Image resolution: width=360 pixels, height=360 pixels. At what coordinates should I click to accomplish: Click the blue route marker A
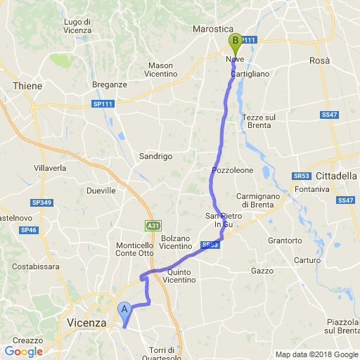[124, 309]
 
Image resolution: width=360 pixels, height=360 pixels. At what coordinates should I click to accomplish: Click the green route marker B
[234, 41]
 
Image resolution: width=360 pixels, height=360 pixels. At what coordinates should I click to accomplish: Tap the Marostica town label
[213, 30]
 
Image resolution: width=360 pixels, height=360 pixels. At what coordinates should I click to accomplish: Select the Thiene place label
[27, 86]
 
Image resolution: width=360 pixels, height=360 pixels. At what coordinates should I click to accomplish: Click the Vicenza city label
[85, 322]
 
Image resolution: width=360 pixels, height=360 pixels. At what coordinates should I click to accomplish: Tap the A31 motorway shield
[153, 226]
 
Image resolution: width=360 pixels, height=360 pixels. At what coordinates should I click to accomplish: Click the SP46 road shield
[28, 230]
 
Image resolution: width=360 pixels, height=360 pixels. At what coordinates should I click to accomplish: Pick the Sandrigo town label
[155, 156]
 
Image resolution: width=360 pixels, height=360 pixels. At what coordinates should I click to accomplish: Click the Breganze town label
[109, 84]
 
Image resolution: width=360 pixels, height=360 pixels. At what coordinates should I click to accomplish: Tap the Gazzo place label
[262, 271]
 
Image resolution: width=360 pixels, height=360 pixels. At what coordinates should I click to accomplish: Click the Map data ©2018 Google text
[316, 354]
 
